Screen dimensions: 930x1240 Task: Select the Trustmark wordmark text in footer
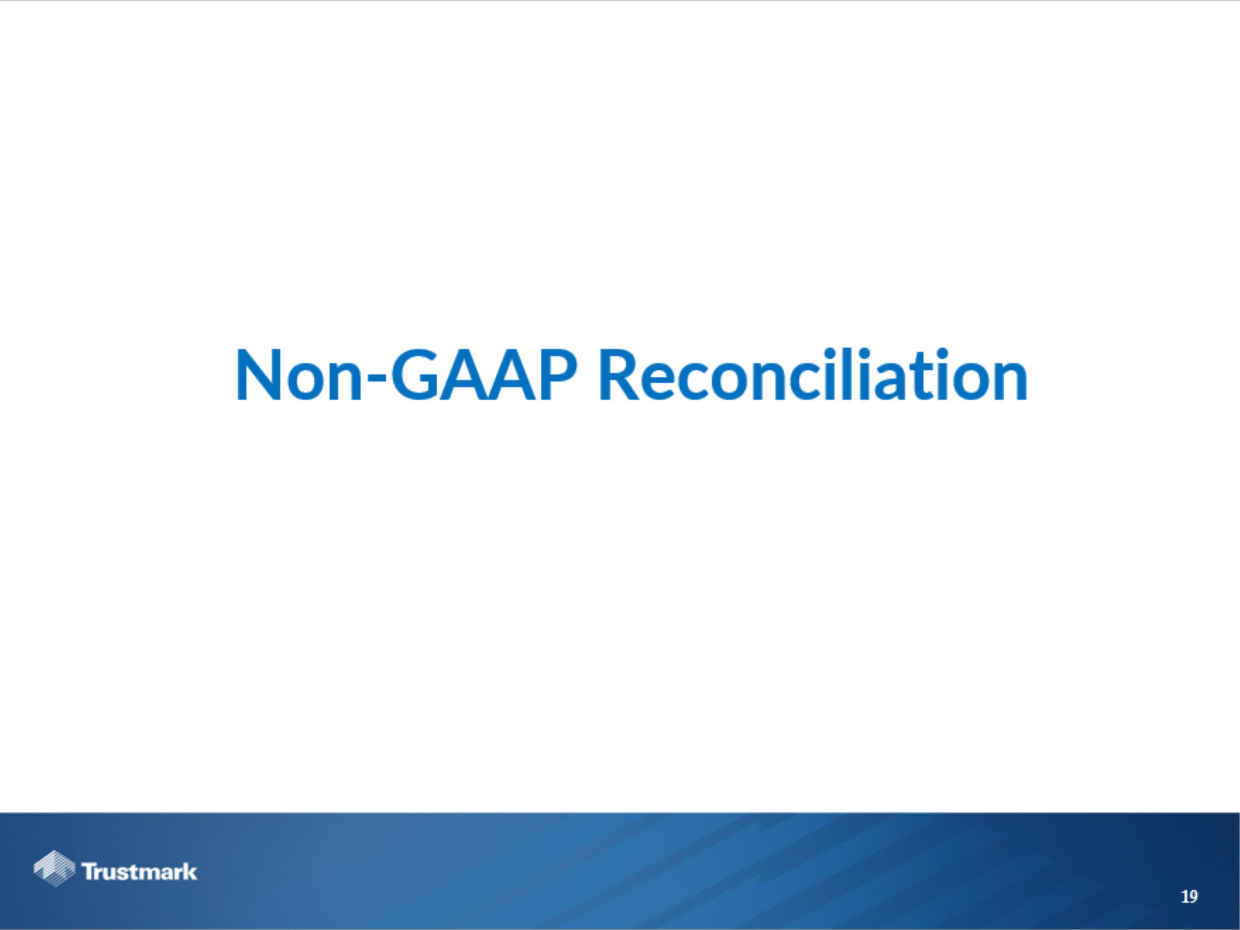click(x=139, y=872)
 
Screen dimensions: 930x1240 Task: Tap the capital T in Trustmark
click(x=89, y=872)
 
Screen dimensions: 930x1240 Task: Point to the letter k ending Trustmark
click(x=191, y=872)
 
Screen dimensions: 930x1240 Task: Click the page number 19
click(x=1189, y=897)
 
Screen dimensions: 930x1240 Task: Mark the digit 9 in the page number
click(x=1193, y=897)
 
